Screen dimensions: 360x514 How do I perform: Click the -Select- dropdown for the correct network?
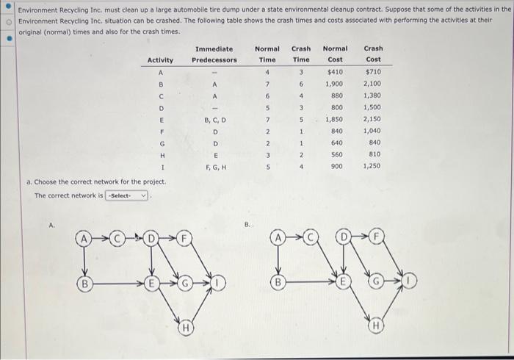[x=128, y=195]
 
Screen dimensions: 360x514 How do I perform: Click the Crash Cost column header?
[x=373, y=54]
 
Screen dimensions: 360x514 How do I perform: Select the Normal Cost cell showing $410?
[x=335, y=72]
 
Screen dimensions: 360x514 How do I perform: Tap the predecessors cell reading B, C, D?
[x=215, y=119]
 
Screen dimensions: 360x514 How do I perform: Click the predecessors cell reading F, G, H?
[x=215, y=166]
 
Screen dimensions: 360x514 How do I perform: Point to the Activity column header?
[x=160, y=60]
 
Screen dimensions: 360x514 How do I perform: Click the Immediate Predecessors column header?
[x=215, y=54]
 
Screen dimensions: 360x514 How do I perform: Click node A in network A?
[x=87, y=239]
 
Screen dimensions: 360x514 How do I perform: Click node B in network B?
[x=279, y=281]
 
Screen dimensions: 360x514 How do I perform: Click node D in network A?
[x=151, y=239]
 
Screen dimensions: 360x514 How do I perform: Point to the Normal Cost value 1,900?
[x=335, y=84]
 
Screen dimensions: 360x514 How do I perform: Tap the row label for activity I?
[x=160, y=166]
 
